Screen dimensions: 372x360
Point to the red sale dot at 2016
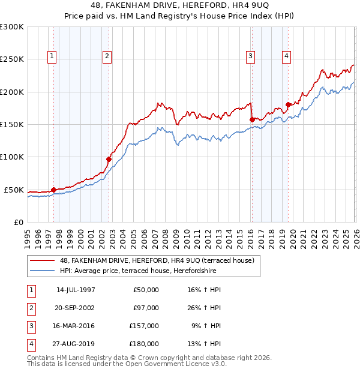click(x=251, y=119)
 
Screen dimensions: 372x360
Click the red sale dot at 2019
click(x=288, y=104)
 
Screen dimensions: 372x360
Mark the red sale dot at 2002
click(x=109, y=159)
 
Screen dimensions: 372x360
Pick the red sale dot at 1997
click(x=53, y=190)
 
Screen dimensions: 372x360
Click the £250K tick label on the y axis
click(x=11, y=59)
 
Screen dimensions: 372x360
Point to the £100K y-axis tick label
click(x=11, y=157)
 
